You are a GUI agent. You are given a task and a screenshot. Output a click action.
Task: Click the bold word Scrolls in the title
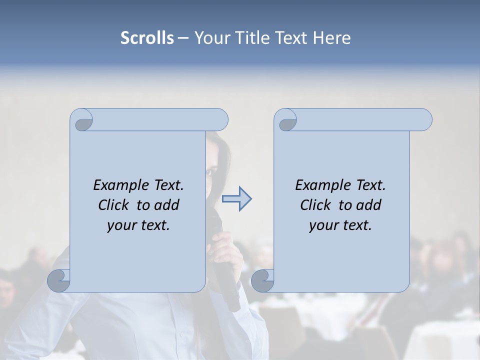click(x=147, y=38)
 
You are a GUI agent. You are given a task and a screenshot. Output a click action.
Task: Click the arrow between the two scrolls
click(x=236, y=199)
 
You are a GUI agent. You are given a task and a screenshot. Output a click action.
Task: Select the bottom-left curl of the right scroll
click(x=262, y=280)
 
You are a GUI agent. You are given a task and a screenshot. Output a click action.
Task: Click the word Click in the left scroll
click(x=114, y=205)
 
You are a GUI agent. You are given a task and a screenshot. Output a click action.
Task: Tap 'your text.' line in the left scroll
click(x=138, y=225)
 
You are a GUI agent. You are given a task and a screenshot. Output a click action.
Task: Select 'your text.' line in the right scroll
click(x=340, y=225)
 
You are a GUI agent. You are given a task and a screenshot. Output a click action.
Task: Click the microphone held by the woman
click(x=228, y=280)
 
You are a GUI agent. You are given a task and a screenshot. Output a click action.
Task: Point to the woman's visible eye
click(x=211, y=172)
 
